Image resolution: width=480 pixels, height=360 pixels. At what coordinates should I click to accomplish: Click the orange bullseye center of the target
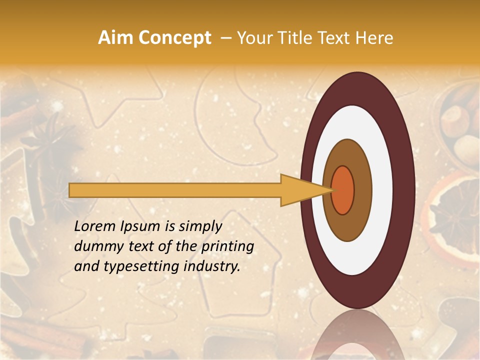(343, 190)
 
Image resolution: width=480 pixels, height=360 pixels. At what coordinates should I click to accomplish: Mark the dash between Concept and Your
(226, 38)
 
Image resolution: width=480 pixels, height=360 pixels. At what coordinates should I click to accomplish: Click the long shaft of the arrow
(175, 190)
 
